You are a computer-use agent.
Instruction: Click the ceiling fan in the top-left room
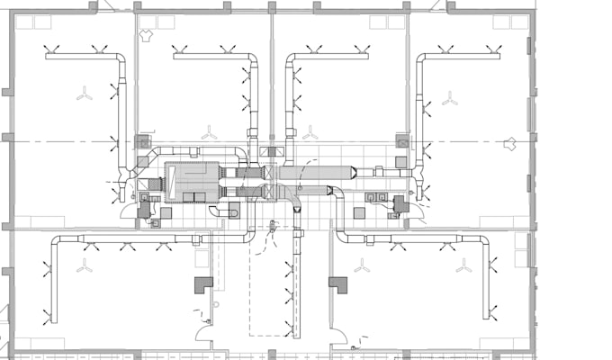pyautogui.click(x=84, y=94)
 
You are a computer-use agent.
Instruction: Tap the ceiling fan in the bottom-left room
pyautogui.click(x=85, y=266)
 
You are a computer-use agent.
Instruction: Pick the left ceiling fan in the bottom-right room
pyautogui.click(x=362, y=266)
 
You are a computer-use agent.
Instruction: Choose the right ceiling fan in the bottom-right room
pyautogui.click(x=463, y=266)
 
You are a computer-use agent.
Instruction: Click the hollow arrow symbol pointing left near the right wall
pyautogui.click(x=510, y=142)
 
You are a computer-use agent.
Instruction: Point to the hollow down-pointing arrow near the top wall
pyautogui.click(x=148, y=37)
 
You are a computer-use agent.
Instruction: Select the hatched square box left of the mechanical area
pyautogui.click(x=142, y=141)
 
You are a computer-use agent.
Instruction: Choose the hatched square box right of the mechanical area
pyautogui.click(x=402, y=141)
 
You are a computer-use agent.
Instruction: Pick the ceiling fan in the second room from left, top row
pyautogui.click(x=209, y=133)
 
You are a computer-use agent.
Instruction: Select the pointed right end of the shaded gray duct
pyautogui.click(x=357, y=171)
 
